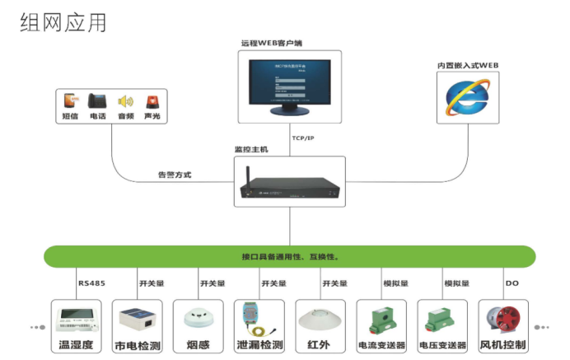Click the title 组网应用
63,22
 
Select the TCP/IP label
304,138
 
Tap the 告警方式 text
174,175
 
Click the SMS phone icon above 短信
71,101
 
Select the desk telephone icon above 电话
97,101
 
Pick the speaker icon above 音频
124,101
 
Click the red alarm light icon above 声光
152,101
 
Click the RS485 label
91,283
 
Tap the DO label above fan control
511,283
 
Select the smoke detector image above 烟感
198,318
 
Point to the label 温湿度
76,345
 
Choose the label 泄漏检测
259,345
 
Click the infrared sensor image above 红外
320,318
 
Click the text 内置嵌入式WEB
468,65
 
